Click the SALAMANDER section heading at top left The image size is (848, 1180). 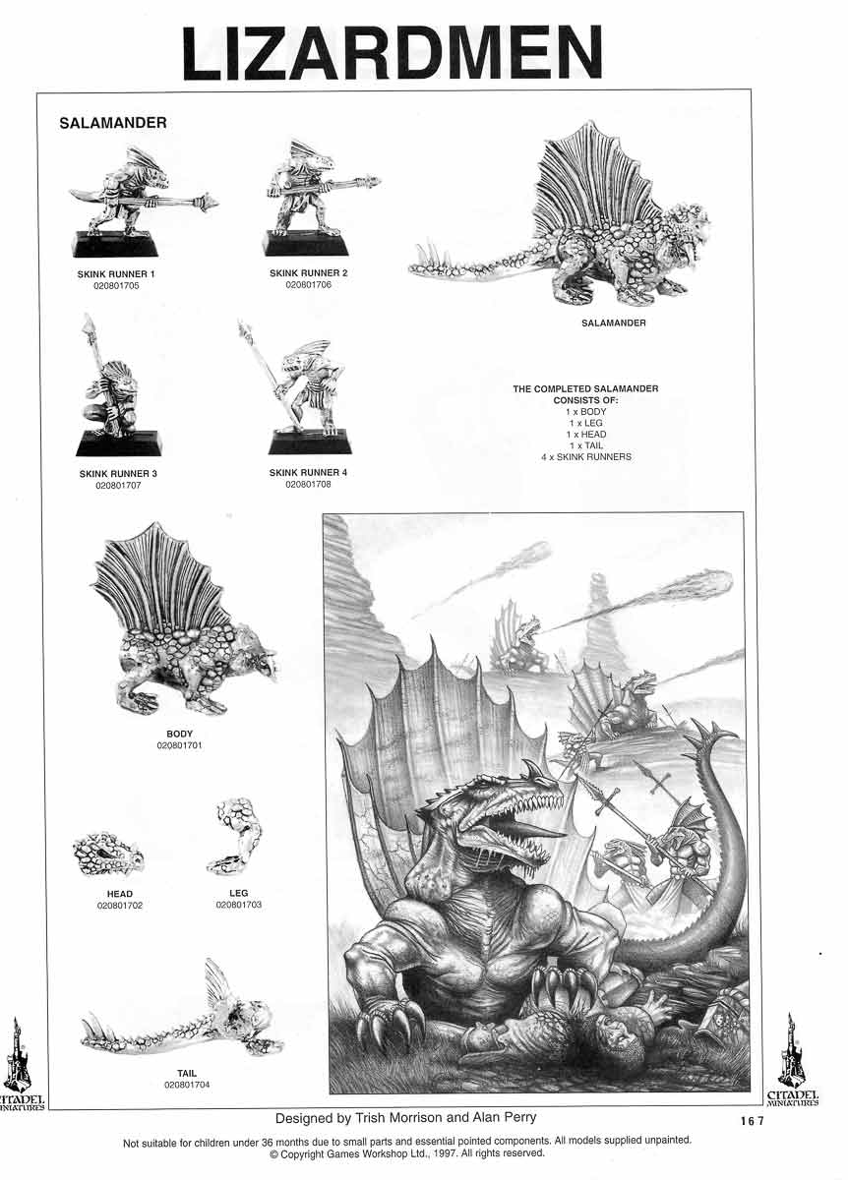pyautogui.click(x=112, y=123)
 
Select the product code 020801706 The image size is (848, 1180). pyautogui.click(x=310, y=284)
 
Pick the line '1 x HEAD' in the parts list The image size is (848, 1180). pyautogui.click(x=585, y=435)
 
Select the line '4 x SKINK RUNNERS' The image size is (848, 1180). pyautogui.click(x=585, y=457)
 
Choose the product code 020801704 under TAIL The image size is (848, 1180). pyautogui.click(x=187, y=1085)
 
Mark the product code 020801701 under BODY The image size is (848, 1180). pyautogui.click(x=180, y=746)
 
